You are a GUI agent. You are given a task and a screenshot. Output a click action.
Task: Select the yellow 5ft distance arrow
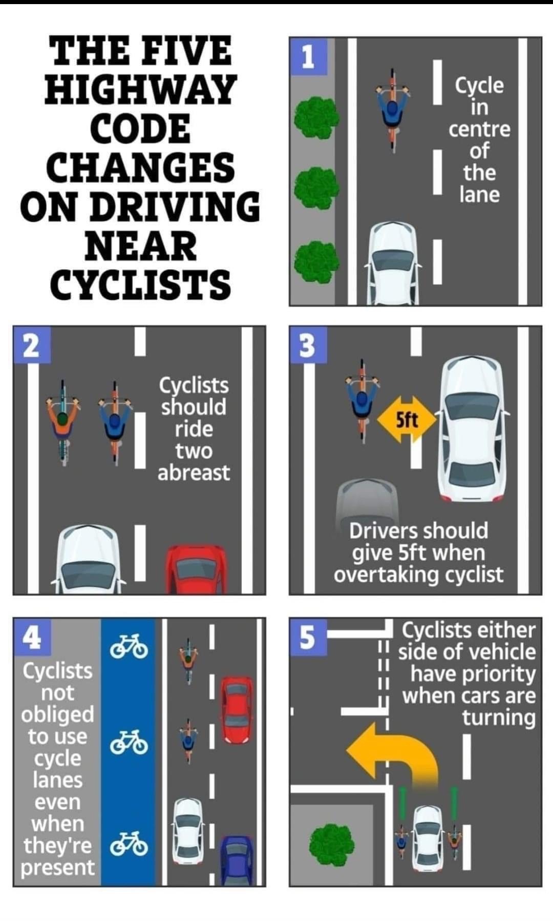click(407, 420)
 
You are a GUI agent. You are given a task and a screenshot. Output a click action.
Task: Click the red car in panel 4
click(236, 710)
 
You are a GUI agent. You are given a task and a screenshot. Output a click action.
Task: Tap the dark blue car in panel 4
click(237, 860)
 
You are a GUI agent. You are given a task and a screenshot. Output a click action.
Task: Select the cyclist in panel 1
click(393, 110)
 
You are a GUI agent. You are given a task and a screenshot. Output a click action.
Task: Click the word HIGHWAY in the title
click(141, 89)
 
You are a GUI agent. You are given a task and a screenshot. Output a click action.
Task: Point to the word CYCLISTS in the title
click(141, 285)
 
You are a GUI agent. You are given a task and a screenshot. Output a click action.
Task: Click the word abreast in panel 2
click(194, 473)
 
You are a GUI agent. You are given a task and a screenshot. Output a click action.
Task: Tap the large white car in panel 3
click(472, 428)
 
